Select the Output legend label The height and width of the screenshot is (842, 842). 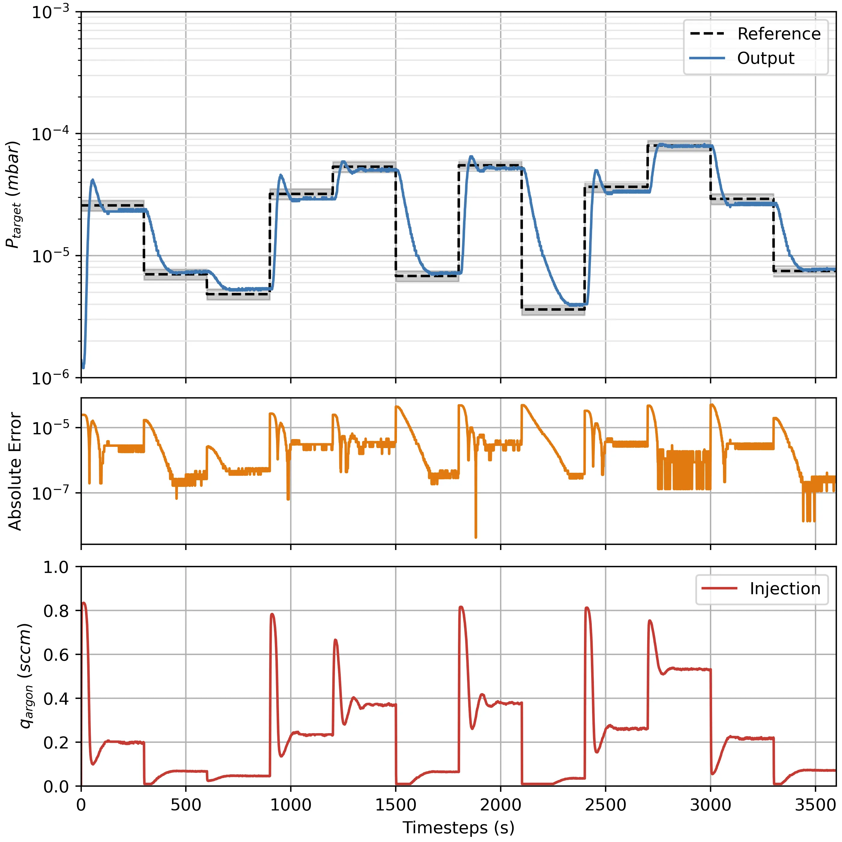click(x=765, y=58)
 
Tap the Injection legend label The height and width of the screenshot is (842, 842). click(x=785, y=589)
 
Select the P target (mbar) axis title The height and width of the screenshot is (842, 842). click(x=14, y=195)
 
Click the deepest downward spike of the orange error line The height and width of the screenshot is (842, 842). click(x=475, y=537)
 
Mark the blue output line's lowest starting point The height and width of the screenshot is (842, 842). click(x=83, y=367)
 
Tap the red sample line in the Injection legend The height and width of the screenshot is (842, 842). click(x=719, y=589)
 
